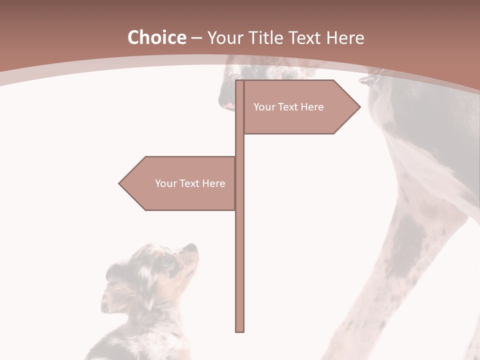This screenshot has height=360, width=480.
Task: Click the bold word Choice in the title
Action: pyautogui.click(x=156, y=37)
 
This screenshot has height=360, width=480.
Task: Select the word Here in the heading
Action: pyautogui.click(x=345, y=38)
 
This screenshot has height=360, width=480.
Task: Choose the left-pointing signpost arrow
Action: pyautogui.click(x=180, y=183)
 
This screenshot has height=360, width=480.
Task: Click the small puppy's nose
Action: pyautogui.click(x=192, y=246)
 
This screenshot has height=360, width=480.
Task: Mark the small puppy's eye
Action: pyautogui.click(x=167, y=260)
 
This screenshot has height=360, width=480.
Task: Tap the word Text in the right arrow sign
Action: pyautogui.click(x=288, y=107)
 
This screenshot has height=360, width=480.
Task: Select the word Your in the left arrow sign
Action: pyautogui.click(x=165, y=183)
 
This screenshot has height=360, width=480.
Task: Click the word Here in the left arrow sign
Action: pyautogui.click(x=213, y=183)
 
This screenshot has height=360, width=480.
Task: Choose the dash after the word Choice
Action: pyautogui.click(x=196, y=38)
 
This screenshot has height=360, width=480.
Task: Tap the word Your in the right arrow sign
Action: pyautogui.click(x=263, y=107)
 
